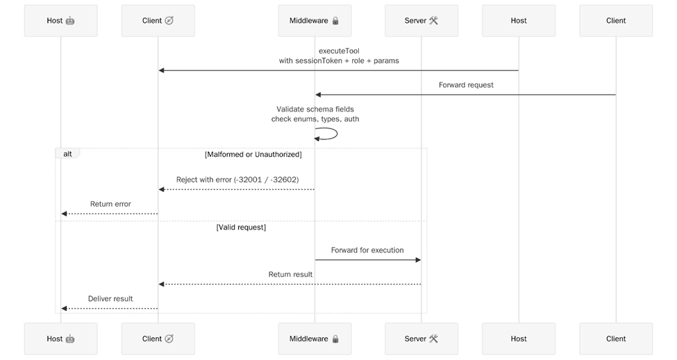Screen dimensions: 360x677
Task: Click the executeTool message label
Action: click(339, 51)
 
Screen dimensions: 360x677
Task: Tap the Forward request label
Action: click(466, 85)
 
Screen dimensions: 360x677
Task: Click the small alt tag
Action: click(67, 154)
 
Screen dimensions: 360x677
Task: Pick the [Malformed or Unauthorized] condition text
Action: click(253, 154)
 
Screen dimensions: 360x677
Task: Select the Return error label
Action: click(110, 204)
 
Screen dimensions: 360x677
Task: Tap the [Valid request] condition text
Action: click(241, 227)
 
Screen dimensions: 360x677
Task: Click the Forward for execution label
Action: click(367, 250)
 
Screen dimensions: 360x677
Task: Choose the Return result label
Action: click(290, 275)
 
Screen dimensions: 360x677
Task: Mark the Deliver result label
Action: click(110, 299)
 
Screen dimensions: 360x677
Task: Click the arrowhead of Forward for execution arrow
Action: click(418, 260)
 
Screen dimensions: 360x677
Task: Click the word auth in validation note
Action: click(351, 119)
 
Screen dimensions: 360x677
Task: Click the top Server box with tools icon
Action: click(421, 21)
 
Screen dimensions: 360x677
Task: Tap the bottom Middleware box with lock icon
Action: click(315, 338)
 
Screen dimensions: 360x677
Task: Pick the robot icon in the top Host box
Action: click(70, 21)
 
